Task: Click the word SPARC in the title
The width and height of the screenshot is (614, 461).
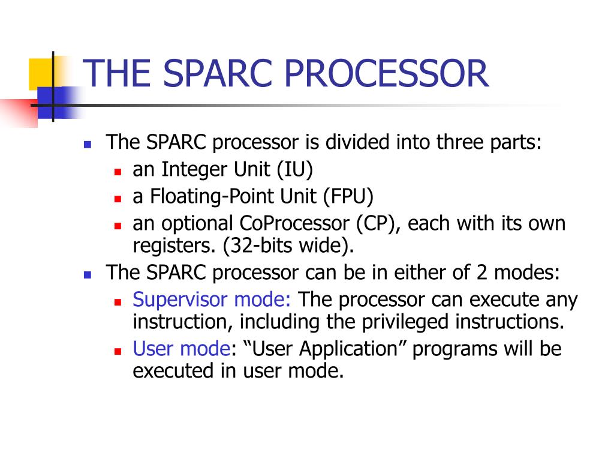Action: click(x=217, y=73)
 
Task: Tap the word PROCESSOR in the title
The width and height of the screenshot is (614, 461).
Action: click(x=386, y=73)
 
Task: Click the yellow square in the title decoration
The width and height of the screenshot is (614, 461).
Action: click(x=41, y=74)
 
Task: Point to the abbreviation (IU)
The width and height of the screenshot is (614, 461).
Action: click(x=295, y=170)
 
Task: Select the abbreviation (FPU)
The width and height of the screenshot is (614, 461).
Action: click(x=348, y=196)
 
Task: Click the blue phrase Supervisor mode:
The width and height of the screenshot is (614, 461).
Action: click(x=212, y=300)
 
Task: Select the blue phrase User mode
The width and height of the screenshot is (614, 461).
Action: click(x=181, y=349)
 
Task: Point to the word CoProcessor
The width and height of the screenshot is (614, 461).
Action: click(x=294, y=224)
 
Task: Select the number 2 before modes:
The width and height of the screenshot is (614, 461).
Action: click(x=481, y=273)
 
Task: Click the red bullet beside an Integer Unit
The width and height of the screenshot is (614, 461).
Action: click(x=118, y=172)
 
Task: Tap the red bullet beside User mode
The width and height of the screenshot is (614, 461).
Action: click(x=118, y=351)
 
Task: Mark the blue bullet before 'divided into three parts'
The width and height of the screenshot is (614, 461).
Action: click(x=88, y=145)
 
